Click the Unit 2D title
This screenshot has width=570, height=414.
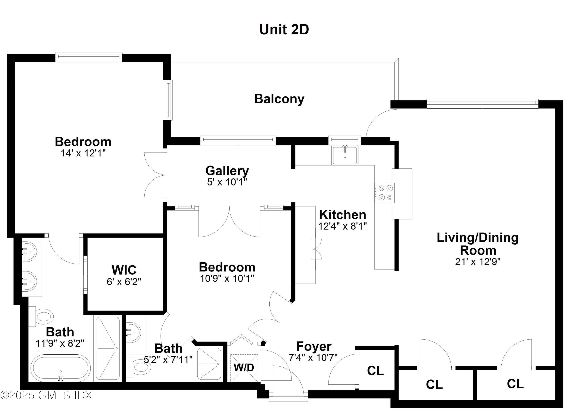tap(284, 30)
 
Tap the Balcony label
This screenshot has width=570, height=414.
tap(279, 99)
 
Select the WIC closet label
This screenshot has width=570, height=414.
tap(124, 270)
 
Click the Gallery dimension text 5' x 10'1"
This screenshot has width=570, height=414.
tap(227, 182)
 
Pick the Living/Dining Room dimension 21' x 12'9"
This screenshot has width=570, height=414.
tap(477, 262)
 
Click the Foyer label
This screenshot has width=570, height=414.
tap(314, 346)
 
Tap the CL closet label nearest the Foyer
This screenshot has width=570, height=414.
tap(375, 371)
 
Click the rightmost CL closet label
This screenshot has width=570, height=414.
tap(515, 384)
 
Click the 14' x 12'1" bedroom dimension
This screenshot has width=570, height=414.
tap(83, 153)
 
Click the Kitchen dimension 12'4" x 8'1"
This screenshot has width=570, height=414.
tap(342, 226)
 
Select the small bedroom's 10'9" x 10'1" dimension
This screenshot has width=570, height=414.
tap(227, 278)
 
